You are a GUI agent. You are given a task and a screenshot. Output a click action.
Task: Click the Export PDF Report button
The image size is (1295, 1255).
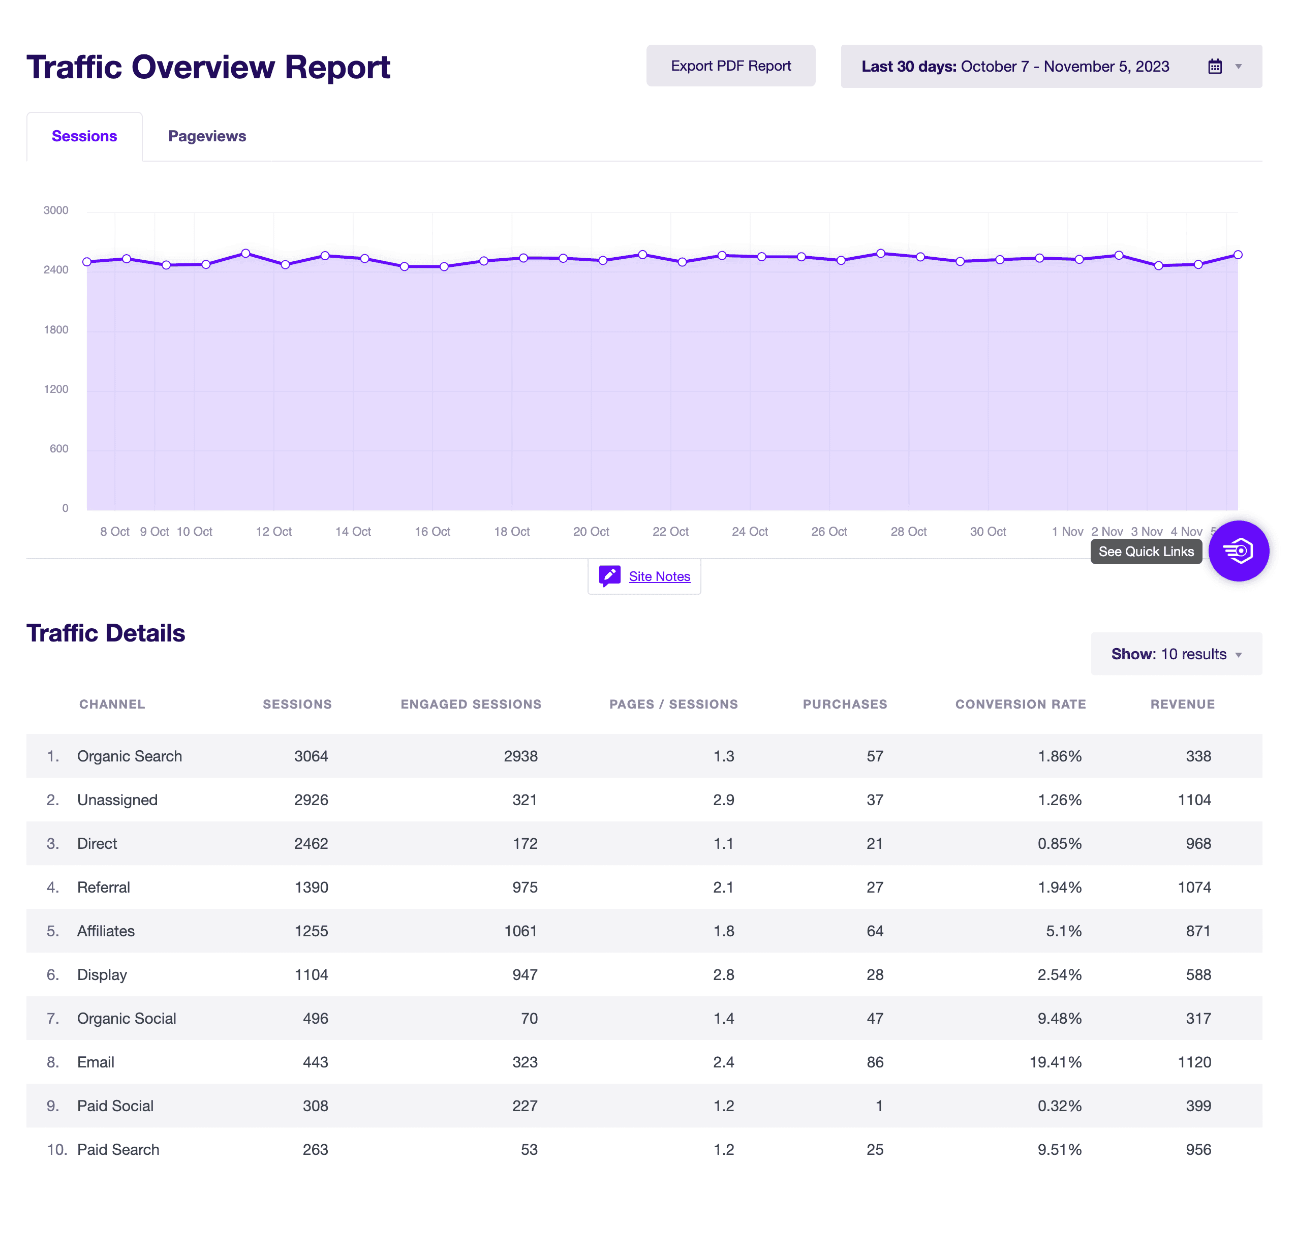point(731,66)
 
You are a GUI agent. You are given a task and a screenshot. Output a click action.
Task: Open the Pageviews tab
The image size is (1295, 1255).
point(207,136)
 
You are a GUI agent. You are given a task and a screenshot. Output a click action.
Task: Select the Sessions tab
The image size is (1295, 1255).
point(84,136)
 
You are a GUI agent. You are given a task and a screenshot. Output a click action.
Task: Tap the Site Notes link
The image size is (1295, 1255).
point(659,576)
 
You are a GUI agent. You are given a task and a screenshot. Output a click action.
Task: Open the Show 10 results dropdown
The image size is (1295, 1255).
point(1176,654)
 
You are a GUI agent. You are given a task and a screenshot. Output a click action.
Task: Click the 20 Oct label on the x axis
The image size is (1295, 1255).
point(591,531)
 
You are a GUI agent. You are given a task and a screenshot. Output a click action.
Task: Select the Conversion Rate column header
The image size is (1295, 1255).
point(1020,705)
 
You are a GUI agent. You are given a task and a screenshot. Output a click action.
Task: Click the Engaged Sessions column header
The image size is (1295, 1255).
point(471,705)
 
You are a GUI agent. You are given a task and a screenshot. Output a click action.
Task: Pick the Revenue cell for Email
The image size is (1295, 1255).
point(1194,1062)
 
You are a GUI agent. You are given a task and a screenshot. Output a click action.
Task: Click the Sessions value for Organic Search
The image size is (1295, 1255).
point(311,756)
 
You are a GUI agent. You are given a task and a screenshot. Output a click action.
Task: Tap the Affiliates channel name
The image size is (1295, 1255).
point(106,931)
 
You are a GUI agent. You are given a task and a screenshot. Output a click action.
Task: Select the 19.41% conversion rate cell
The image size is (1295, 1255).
point(1055,1062)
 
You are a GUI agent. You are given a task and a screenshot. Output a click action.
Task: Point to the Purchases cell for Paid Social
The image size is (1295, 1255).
point(879,1106)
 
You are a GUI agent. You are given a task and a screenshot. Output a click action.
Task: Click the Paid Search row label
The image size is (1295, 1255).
point(118,1149)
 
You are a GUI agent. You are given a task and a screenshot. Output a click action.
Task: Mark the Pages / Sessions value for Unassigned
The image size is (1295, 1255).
point(724,800)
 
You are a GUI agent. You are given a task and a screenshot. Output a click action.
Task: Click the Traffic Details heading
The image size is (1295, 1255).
point(106,633)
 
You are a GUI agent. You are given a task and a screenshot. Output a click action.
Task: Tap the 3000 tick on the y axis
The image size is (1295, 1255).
point(56,210)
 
